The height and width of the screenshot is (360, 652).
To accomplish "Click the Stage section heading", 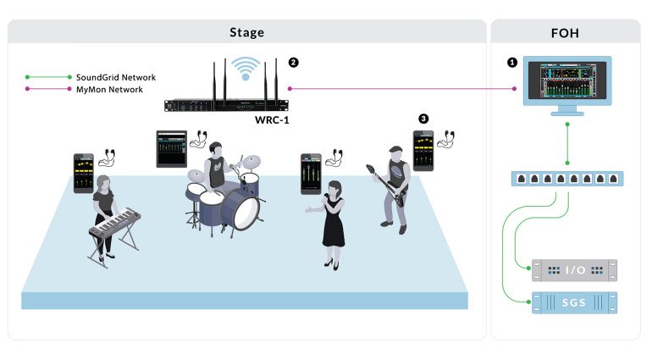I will tap(246, 32).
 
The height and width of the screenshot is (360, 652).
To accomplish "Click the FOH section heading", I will tap(565, 32).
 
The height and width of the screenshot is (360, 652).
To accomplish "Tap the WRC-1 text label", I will tap(273, 120).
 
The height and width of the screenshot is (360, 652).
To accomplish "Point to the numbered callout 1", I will tap(511, 63).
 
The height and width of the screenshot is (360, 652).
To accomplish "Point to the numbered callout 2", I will tap(294, 63).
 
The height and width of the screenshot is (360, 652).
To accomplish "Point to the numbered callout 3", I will tap(424, 118).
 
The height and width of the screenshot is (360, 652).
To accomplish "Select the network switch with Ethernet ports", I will tap(566, 179).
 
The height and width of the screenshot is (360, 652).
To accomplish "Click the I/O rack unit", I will tap(573, 270).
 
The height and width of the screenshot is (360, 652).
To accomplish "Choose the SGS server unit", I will tap(573, 301).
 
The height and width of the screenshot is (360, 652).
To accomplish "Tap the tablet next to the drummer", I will tap(171, 149).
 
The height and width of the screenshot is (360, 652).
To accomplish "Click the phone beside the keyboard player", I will tap(83, 173).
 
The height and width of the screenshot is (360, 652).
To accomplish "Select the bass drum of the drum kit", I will tap(245, 213).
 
